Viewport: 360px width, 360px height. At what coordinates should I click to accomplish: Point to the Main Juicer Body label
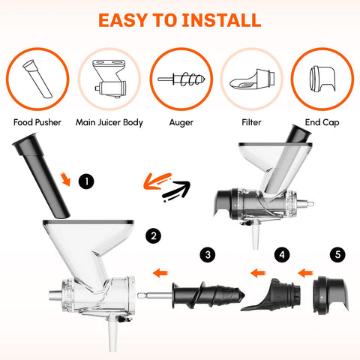click(x=109, y=121)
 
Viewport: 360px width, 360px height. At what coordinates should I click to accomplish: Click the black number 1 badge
click(x=89, y=181)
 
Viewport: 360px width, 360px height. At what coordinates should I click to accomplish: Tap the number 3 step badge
click(x=205, y=256)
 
